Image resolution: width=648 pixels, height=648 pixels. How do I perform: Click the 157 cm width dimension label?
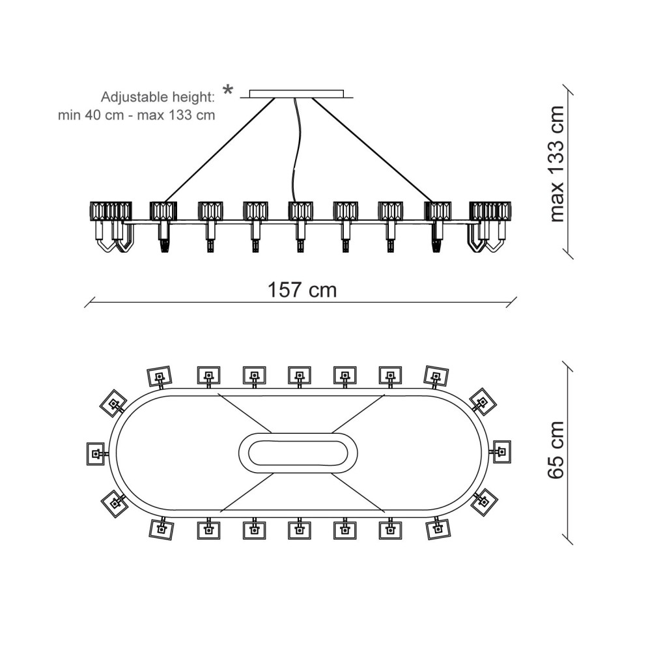(x=302, y=290)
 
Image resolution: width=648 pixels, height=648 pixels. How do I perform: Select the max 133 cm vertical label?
(x=557, y=164)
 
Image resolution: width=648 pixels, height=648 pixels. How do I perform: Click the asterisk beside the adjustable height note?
(x=227, y=91)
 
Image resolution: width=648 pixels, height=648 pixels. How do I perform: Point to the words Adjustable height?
(x=157, y=98)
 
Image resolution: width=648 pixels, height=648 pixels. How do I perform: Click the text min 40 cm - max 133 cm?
(x=136, y=115)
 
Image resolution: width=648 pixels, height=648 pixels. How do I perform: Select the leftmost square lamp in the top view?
(x=96, y=453)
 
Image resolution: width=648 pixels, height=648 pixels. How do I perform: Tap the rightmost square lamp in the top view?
(x=501, y=451)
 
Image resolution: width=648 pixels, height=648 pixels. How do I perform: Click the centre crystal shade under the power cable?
(x=300, y=211)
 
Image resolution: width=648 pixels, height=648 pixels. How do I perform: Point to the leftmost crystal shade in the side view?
(x=100, y=212)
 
